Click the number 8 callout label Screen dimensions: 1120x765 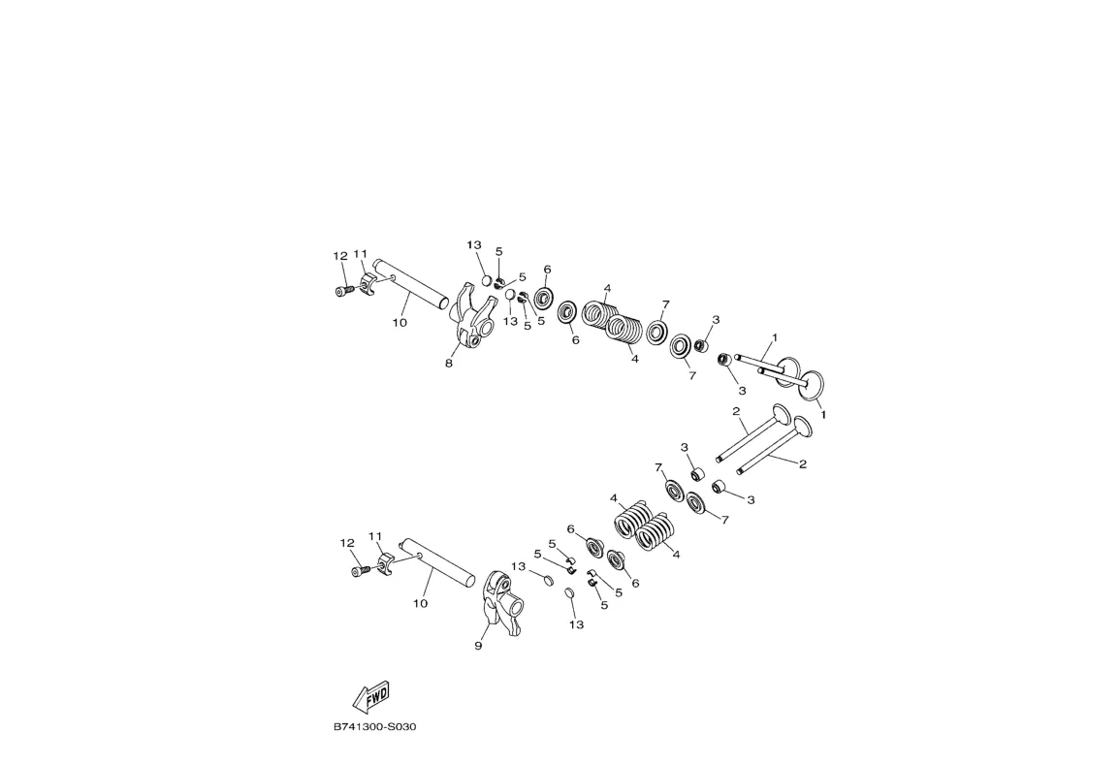(x=449, y=363)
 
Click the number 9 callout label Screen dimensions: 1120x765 (x=478, y=646)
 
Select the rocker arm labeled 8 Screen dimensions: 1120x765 (x=472, y=316)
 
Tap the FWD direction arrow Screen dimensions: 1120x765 (x=371, y=696)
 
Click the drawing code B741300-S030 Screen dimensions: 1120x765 (x=374, y=727)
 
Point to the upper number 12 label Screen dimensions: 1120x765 (x=340, y=256)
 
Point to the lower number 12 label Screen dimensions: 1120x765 (x=347, y=544)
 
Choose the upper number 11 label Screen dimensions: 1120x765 (x=360, y=254)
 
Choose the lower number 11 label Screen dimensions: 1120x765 (x=375, y=536)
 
